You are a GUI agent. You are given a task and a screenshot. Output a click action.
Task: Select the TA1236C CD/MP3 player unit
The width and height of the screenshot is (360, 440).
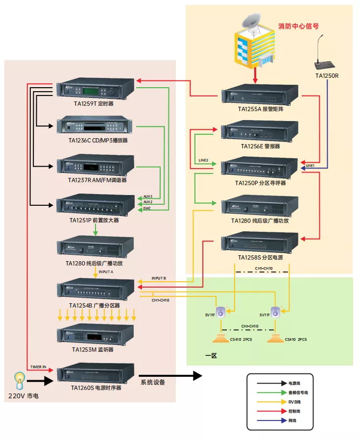coord(96,126)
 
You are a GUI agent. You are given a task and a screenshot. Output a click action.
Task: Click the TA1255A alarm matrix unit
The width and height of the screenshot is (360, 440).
coord(260,95)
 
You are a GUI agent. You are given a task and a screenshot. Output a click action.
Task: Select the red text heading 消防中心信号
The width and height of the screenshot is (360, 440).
coord(299,26)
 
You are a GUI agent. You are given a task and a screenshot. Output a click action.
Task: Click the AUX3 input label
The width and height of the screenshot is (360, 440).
coord(148,196)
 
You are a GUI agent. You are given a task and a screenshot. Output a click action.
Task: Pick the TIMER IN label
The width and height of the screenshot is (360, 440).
coord(38,367)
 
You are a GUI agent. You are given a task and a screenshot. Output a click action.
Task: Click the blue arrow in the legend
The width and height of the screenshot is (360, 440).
coord(269,420)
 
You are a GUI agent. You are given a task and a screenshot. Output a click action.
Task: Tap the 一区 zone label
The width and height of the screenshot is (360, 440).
coord(210,355)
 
